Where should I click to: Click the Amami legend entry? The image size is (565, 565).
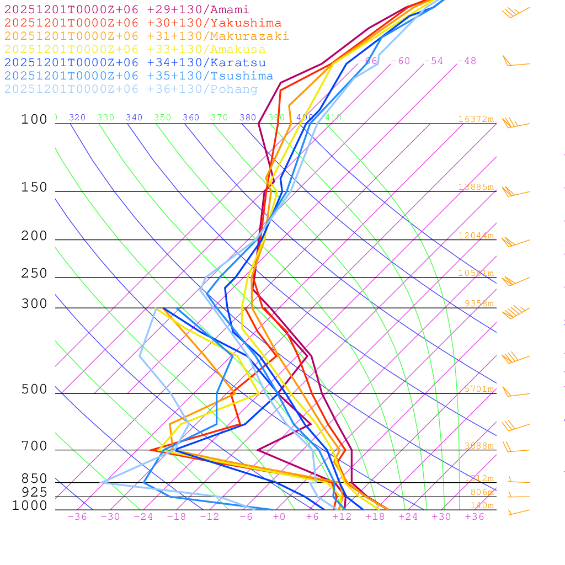click(x=127, y=10)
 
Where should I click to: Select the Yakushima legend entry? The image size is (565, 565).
click(x=143, y=23)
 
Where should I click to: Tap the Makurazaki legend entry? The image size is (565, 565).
click(x=147, y=36)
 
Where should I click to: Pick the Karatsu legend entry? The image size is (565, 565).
click(x=135, y=63)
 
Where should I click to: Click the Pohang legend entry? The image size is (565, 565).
click(x=131, y=89)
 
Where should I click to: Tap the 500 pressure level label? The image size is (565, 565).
click(x=34, y=390)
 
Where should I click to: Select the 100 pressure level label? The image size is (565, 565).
click(x=34, y=120)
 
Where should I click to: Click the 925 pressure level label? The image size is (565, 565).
click(x=34, y=492)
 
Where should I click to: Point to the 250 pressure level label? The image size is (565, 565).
click(x=34, y=274)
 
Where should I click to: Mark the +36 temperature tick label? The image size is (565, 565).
click(x=475, y=516)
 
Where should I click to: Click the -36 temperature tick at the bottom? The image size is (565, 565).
click(x=77, y=516)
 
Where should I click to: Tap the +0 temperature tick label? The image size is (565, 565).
click(x=279, y=516)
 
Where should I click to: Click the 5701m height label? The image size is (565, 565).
click(x=478, y=389)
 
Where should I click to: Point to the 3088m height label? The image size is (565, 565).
click(x=478, y=446)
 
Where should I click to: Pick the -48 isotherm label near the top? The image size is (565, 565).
click(x=466, y=61)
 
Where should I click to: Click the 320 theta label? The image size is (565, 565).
click(x=77, y=118)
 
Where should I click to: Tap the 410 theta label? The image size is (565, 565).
click(x=333, y=118)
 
